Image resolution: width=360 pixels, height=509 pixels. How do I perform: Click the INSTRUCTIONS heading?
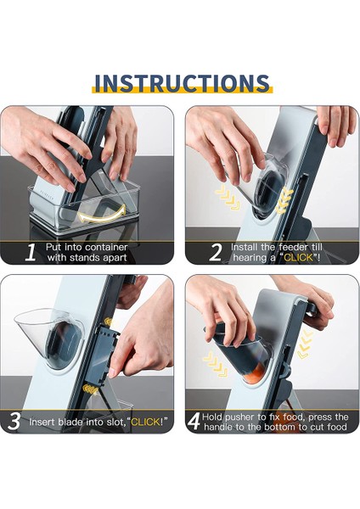coord(182,83)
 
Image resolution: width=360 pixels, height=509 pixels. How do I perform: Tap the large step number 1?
coord(31,252)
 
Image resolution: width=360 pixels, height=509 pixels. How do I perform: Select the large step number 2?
coord(216,252)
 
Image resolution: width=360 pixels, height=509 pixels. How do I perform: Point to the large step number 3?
coord(14,422)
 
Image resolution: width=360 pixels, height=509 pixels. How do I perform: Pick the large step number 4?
coord(194,422)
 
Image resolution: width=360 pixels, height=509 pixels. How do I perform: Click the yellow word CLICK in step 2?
coord(298,258)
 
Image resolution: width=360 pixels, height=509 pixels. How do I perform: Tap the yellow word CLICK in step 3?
coord(145,422)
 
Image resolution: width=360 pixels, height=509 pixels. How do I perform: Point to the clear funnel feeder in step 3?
coord(48,338)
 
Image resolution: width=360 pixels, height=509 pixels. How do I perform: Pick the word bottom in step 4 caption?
coord(281,427)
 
